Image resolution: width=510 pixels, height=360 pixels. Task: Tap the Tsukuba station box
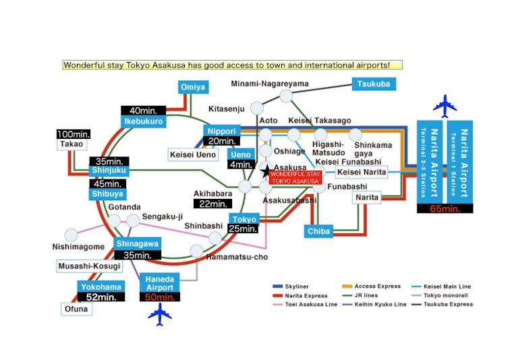pos(374,84)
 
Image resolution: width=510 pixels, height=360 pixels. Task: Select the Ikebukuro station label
pos(143,121)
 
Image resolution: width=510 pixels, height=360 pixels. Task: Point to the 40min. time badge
pos(142,111)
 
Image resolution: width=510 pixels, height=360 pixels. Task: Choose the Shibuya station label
pos(107,194)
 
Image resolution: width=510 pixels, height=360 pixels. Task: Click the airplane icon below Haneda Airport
pos(160,314)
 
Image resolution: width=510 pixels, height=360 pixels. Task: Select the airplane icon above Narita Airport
pos(445,106)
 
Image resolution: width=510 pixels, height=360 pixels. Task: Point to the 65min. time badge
pos(445,209)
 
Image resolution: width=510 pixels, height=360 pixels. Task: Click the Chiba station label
pos(319,231)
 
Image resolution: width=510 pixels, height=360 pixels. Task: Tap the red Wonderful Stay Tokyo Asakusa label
pos(294,177)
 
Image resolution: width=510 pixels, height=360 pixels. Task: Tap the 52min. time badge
pos(101,297)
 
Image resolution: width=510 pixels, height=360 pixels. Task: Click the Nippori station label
pos(221,131)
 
